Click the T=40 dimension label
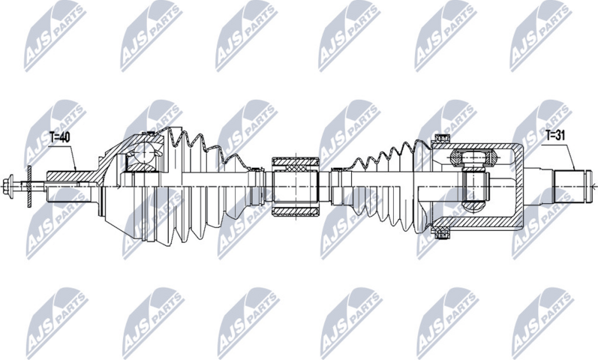61,138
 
